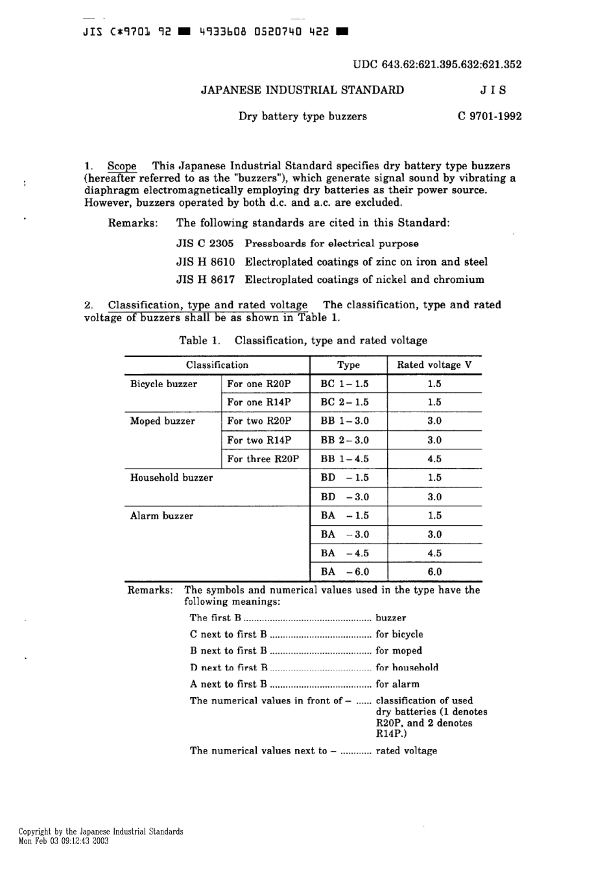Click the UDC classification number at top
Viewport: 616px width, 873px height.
pyautogui.click(x=437, y=64)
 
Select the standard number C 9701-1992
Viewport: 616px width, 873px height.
pyautogui.click(x=490, y=117)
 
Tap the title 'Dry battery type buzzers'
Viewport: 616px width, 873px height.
pyautogui.click(x=302, y=117)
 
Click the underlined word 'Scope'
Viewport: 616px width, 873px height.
pyautogui.click(x=122, y=166)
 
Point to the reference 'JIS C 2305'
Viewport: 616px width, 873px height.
pyautogui.click(x=205, y=243)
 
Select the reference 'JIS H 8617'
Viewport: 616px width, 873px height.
pyautogui.click(x=205, y=280)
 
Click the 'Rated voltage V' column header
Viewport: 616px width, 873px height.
pyautogui.click(x=434, y=365)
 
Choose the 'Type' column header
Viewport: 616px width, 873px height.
pyautogui.click(x=348, y=365)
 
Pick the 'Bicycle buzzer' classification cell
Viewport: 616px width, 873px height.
pyautogui.click(x=163, y=384)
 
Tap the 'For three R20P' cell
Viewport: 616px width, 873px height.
pyautogui.click(x=263, y=459)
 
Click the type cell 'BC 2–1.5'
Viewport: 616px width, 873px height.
pyautogui.click(x=344, y=402)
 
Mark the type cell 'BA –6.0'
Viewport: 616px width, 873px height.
pyautogui.click(x=344, y=572)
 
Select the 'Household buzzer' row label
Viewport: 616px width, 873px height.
pyautogui.click(x=171, y=478)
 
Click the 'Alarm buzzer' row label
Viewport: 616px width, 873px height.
pyautogui.click(x=161, y=516)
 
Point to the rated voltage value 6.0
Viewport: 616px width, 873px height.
pyautogui.click(x=434, y=572)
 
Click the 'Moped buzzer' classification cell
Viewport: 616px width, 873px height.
pyautogui.click(x=162, y=421)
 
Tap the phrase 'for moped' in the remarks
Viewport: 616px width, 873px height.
pyautogui.click(x=399, y=650)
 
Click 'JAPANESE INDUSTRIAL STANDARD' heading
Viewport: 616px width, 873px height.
pyautogui.click(x=302, y=90)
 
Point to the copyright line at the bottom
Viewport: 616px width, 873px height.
pyautogui.click(x=101, y=831)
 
